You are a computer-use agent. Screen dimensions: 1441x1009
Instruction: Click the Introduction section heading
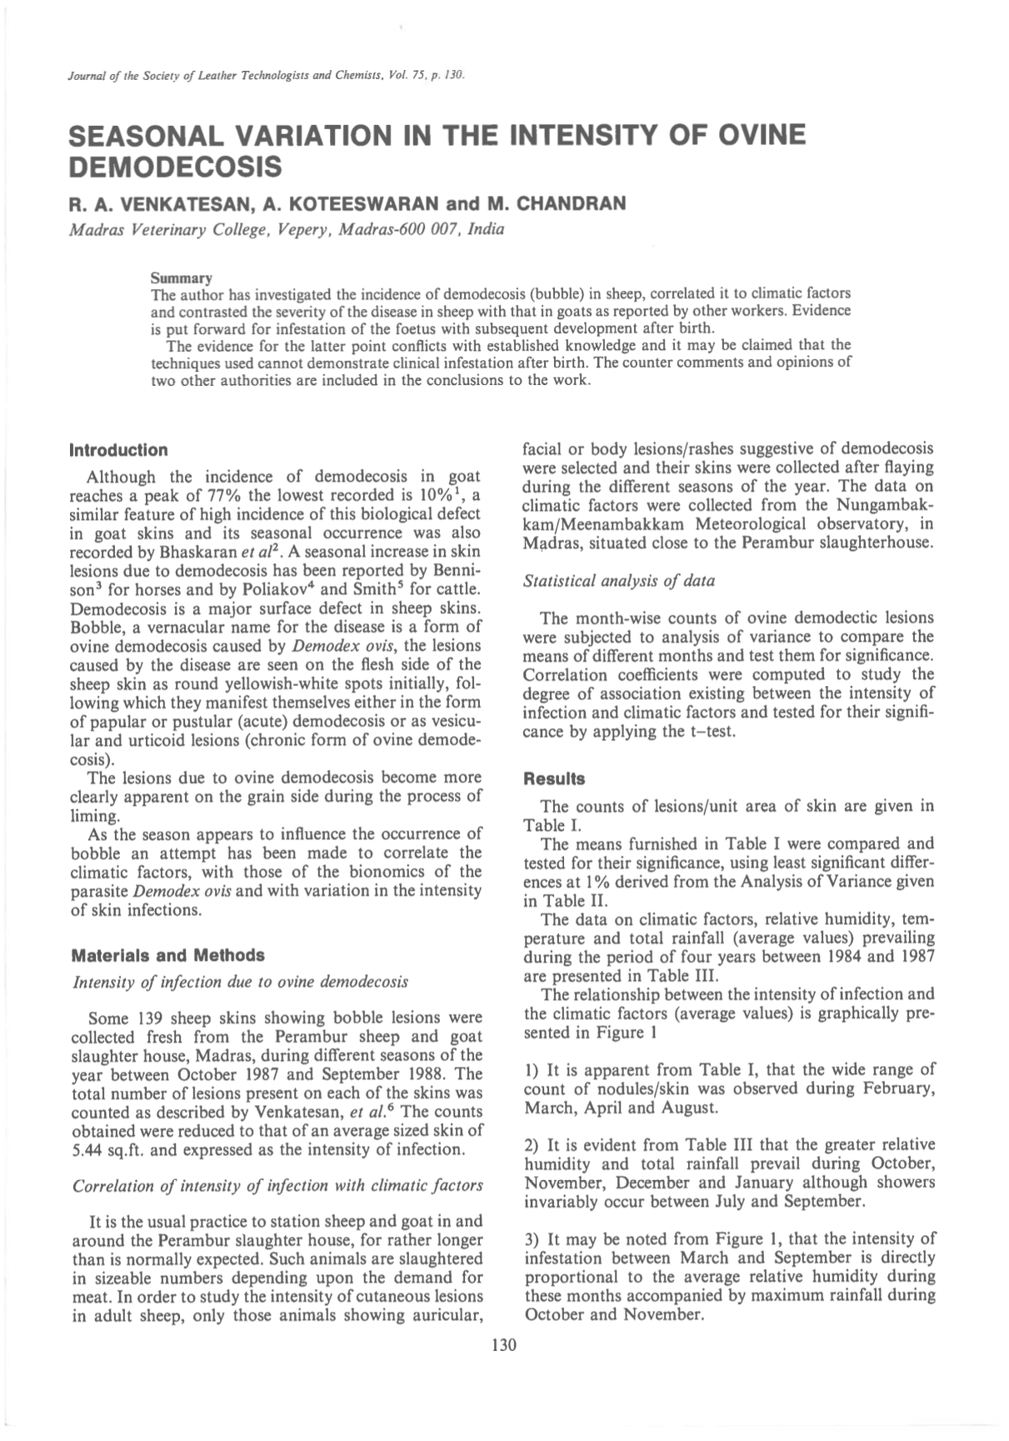point(118,450)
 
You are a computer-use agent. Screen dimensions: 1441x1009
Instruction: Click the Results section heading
point(554,779)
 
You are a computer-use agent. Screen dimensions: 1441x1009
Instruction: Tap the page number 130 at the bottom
point(504,1344)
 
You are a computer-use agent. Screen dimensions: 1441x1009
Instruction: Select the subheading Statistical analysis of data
point(619,580)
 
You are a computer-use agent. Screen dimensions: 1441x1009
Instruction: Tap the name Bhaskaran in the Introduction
point(203,552)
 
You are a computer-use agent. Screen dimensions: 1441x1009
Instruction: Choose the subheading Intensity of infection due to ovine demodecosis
point(241,981)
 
